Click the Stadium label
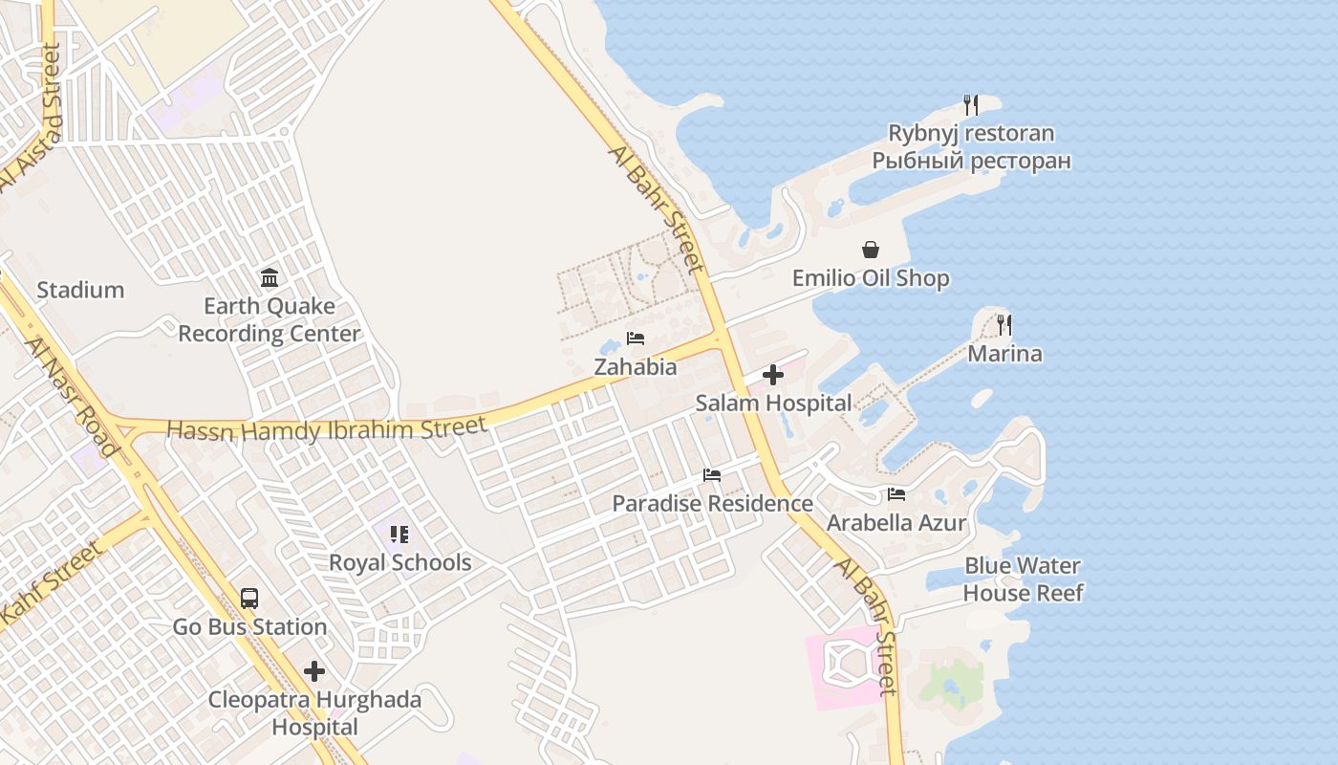[x=80, y=290]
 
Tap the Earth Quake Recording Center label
[x=270, y=320]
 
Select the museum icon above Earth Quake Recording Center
[x=270, y=278]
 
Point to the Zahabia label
[x=636, y=367]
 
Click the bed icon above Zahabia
[x=636, y=339]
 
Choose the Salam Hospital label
[x=773, y=404]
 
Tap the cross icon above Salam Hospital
[x=773, y=375]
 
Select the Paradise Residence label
[x=712, y=503]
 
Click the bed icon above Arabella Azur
[x=896, y=494]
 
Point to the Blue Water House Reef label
[x=1023, y=579]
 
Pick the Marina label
[x=1004, y=354]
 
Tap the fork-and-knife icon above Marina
[x=1004, y=325]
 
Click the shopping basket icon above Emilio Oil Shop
[x=871, y=250]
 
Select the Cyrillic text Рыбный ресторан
[x=971, y=161]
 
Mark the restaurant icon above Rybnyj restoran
[x=971, y=104]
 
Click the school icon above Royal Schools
[x=399, y=534]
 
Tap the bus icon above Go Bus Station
[x=249, y=599]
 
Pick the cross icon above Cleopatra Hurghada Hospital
[x=314, y=671]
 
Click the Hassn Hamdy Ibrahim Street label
[x=327, y=428]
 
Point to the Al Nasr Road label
[x=71, y=397]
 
